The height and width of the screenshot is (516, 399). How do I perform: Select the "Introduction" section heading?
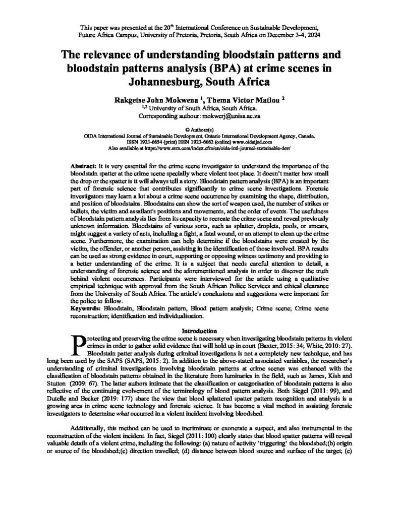200,331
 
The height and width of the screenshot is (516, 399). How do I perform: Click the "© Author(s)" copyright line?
200,130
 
